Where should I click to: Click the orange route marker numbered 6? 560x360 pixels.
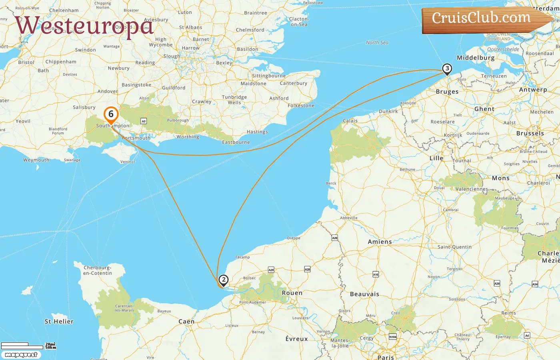(x=111, y=114)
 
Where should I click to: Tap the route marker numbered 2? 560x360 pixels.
(x=224, y=280)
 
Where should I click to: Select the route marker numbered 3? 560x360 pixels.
(x=447, y=69)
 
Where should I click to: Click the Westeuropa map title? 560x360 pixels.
(x=84, y=26)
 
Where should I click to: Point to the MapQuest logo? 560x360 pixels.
(x=21, y=355)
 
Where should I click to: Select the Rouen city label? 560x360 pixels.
(x=292, y=293)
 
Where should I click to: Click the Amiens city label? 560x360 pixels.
(x=380, y=242)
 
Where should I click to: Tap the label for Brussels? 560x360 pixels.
(x=530, y=133)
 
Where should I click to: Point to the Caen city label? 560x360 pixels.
(x=186, y=321)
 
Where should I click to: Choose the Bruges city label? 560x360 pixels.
(x=447, y=92)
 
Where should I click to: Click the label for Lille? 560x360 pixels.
(x=436, y=158)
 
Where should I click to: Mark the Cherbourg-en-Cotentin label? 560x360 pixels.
(x=97, y=270)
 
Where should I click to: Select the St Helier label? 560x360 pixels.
(x=59, y=321)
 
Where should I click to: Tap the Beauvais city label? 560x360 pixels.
(x=364, y=294)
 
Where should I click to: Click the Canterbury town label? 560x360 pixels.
(x=294, y=83)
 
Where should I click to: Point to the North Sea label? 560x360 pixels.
(x=377, y=42)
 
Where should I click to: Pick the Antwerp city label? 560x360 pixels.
(x=533, y=90)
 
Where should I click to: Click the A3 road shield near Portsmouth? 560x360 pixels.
(x=144, y=121)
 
